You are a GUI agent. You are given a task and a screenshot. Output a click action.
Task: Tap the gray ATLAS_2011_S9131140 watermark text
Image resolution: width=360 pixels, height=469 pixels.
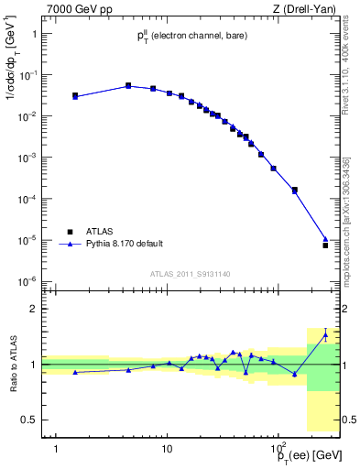[x=191, y=274]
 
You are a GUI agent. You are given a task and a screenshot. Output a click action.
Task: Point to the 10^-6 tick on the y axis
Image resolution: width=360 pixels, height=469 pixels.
[x=29, y=281]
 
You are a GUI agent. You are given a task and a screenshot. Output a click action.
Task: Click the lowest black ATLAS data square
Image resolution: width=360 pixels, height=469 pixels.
[x=325, y=245]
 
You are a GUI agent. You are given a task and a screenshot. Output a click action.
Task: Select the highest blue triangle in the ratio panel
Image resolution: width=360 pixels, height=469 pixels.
[x=325, y=334]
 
